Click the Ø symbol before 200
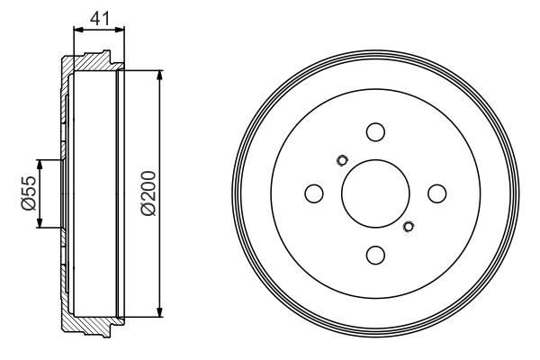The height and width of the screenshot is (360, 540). coord(148,208)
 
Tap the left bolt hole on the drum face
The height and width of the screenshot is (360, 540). coord(314,193)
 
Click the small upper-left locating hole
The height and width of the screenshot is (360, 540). coord(341,161)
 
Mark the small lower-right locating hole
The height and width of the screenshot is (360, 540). coord(409,226)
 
